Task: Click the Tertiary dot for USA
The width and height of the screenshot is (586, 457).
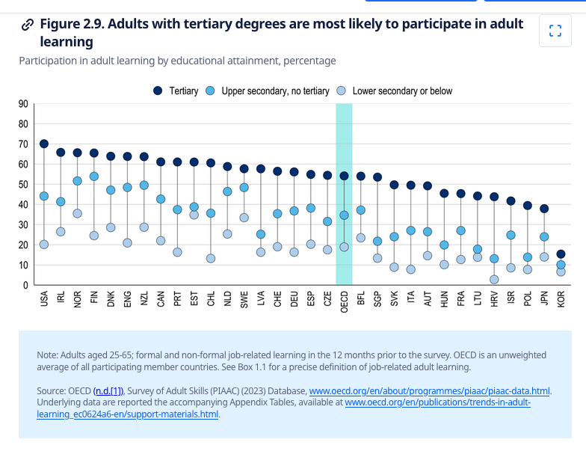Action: [44, 144]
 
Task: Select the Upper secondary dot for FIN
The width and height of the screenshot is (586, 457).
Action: [94, 177]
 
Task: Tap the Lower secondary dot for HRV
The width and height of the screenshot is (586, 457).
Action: [494, 279]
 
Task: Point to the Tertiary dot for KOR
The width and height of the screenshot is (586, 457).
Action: [561, 254]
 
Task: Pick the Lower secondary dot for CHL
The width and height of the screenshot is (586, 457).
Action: [211, 258]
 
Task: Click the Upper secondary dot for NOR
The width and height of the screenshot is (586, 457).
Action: [78, 181]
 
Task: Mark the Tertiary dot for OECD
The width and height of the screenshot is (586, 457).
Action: [344, 176]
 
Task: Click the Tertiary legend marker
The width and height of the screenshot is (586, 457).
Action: [158, 91]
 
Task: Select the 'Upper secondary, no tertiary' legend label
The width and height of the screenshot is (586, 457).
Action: [275, 91]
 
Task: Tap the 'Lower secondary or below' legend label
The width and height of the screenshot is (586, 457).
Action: [402, 91]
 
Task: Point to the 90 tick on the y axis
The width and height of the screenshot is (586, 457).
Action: [23, 104]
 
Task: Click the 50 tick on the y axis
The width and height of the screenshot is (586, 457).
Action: [23, 184]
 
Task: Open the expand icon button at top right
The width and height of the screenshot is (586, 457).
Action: [555, 31]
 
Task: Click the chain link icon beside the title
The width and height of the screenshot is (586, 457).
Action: [28, 25]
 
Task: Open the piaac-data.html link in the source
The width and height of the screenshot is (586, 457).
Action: [430, 390]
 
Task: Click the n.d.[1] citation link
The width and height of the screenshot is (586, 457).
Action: [110, 390]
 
